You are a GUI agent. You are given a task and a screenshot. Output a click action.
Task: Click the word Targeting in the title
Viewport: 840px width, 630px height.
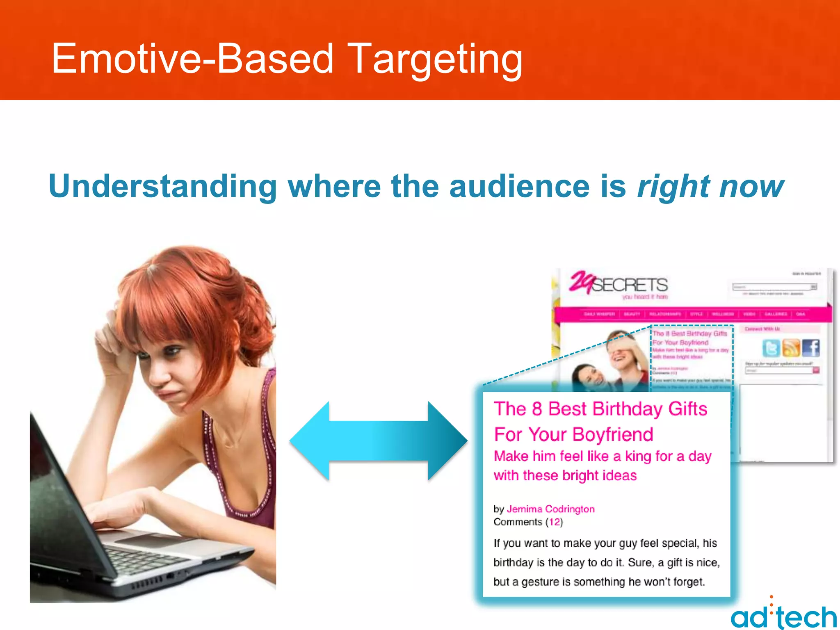pyautogui.click(x=436, y=59)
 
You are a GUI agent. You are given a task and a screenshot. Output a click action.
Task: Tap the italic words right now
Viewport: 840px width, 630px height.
pyautogui.click(x=710, y=187)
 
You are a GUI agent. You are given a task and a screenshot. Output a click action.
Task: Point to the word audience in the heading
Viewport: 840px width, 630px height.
pyautogui.click(x=519, y=187)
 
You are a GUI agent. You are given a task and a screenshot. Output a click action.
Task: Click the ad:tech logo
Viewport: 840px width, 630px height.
pyautogui.click(x=783, y=615)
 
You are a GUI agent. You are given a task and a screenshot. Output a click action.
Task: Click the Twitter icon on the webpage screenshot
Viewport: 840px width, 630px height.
pyautogui.click(x=771, y=348)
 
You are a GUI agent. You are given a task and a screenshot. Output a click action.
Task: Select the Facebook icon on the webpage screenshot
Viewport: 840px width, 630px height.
pyautogui.click(x=811, y=348)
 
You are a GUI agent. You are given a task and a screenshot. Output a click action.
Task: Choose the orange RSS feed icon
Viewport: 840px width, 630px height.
pyautogui.click(x=791, y=348)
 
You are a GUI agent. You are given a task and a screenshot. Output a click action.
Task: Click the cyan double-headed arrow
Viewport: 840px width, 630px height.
pyautogui.click(x=378, y=441)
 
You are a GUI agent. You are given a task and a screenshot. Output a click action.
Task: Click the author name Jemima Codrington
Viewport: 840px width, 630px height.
pyautogui.click(x=550, y=509)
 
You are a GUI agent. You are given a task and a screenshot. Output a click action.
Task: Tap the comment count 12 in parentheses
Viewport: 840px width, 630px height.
pyautogui.click(x=555, y=522)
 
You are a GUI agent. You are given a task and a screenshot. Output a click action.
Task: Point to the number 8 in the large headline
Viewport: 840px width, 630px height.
pyautogui.click(x=537, y=409)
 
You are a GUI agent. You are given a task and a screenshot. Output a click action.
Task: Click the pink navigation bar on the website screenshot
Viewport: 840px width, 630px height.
pyautogui.click(x=693, y=314)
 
